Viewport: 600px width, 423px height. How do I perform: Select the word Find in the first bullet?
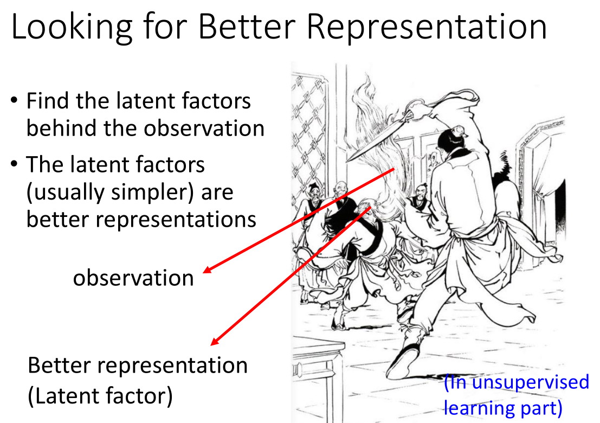click(x=48, y=101)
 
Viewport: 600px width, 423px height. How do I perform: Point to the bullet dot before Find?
click(x=14, y=100)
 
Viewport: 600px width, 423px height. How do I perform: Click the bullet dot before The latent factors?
click(x=14, y=164)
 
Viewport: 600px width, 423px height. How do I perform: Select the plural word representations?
click(x=176, y=220)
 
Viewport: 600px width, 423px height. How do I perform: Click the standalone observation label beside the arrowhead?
click(x=133, y=278)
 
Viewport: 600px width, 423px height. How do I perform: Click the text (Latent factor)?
click(x=100, y=396)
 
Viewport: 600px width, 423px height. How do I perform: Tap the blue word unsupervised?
click(x=531, y=382)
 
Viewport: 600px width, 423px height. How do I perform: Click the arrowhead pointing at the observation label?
click(x=207, y=270)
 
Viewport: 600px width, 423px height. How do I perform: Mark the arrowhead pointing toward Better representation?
click(x=215, y=341)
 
